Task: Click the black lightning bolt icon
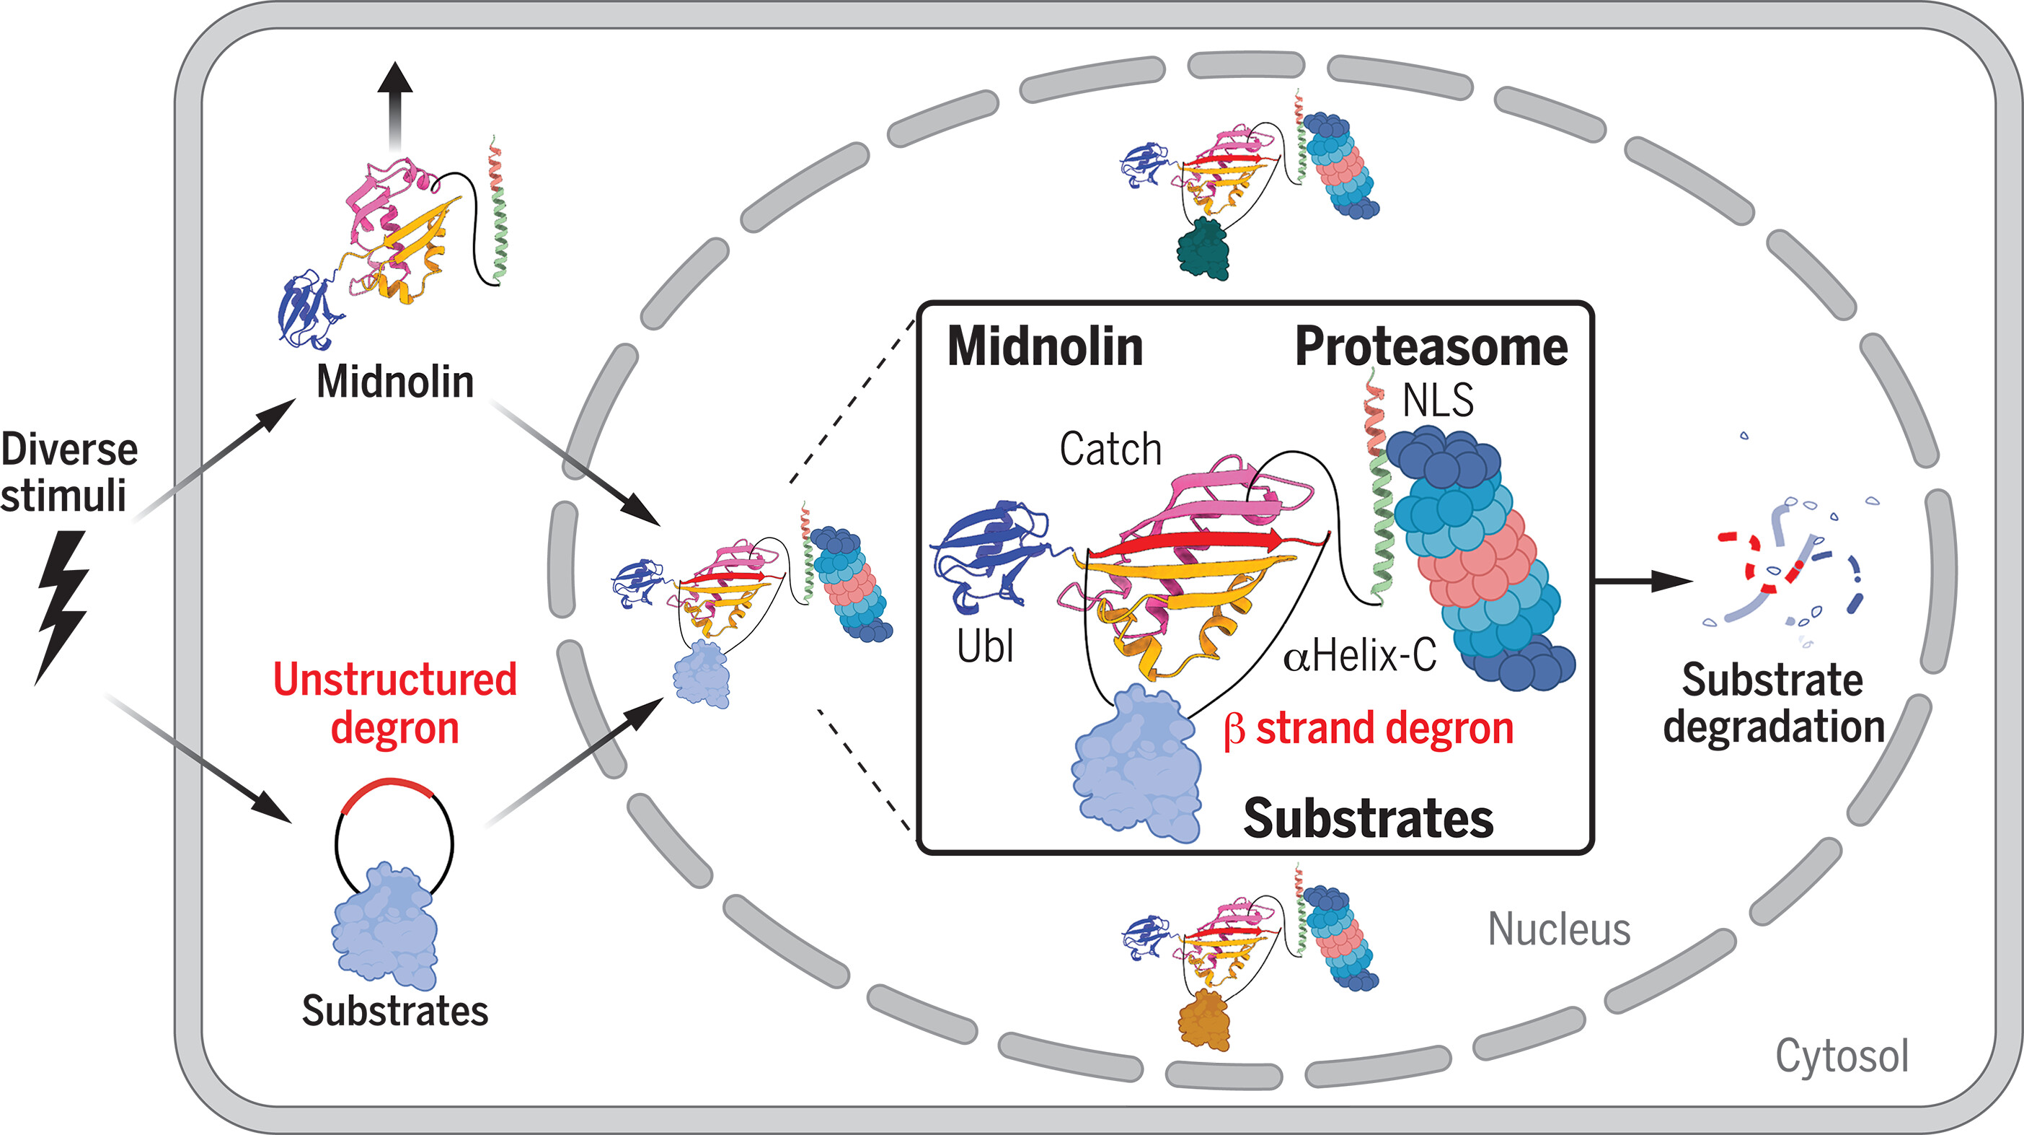[x=63, y=605]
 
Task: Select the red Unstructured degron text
[x=395, y=703]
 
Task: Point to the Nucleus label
[x=1559, y=929]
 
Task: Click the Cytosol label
[x=1842, y=1056]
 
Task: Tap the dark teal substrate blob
[x=1203, y=249]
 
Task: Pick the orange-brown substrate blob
[x=1203, y=1020]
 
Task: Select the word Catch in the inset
[x=1110, y=450]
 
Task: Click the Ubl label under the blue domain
[x=984, y=647]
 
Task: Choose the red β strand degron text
[x=1368, y=729]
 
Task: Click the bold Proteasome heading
[x=1431, y=346]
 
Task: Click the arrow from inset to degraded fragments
[x=1642, y=582]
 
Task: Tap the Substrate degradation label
[x=1773, y=703]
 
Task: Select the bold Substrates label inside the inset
[x=1368, y=818]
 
